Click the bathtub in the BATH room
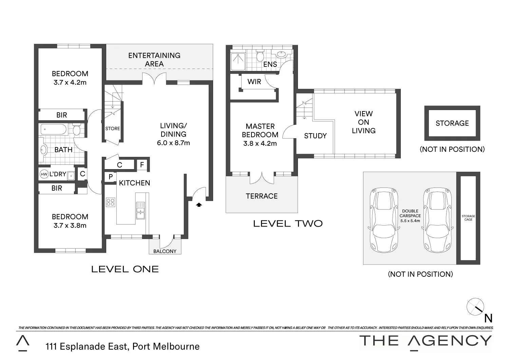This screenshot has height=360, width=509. tap(54, 129)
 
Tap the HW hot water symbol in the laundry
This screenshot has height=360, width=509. tap(44, 174)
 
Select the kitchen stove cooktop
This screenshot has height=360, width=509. tap(111, 202)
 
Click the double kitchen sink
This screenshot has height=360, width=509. tap(140, 210)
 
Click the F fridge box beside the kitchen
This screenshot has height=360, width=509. tap(142, 165)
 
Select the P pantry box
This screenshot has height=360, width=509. tap(111, 177)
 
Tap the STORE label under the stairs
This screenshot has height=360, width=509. tap(113, 129)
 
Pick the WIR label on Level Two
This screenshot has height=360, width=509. tap(254, 82)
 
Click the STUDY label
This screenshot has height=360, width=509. tap(315, 136)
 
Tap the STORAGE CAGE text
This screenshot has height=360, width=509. tap(468, 218)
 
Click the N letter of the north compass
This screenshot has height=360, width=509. tap(488, 318)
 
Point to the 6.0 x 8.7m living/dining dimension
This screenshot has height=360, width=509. tap(173, 143)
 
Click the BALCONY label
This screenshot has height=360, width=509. tap(165, 251)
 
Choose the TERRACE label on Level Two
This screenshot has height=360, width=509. tap(262, 196)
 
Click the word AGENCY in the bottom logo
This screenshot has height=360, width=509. tap(450, 341)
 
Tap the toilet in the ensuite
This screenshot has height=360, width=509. tap(260, 56)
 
